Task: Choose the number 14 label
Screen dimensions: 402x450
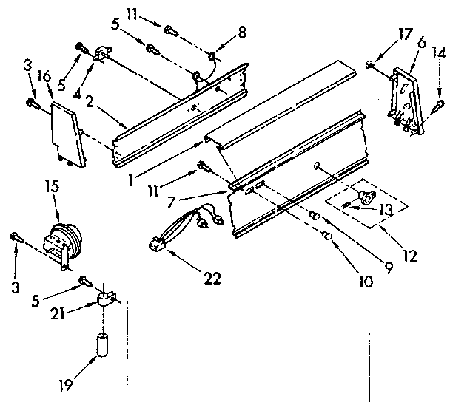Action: click(440, 52)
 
